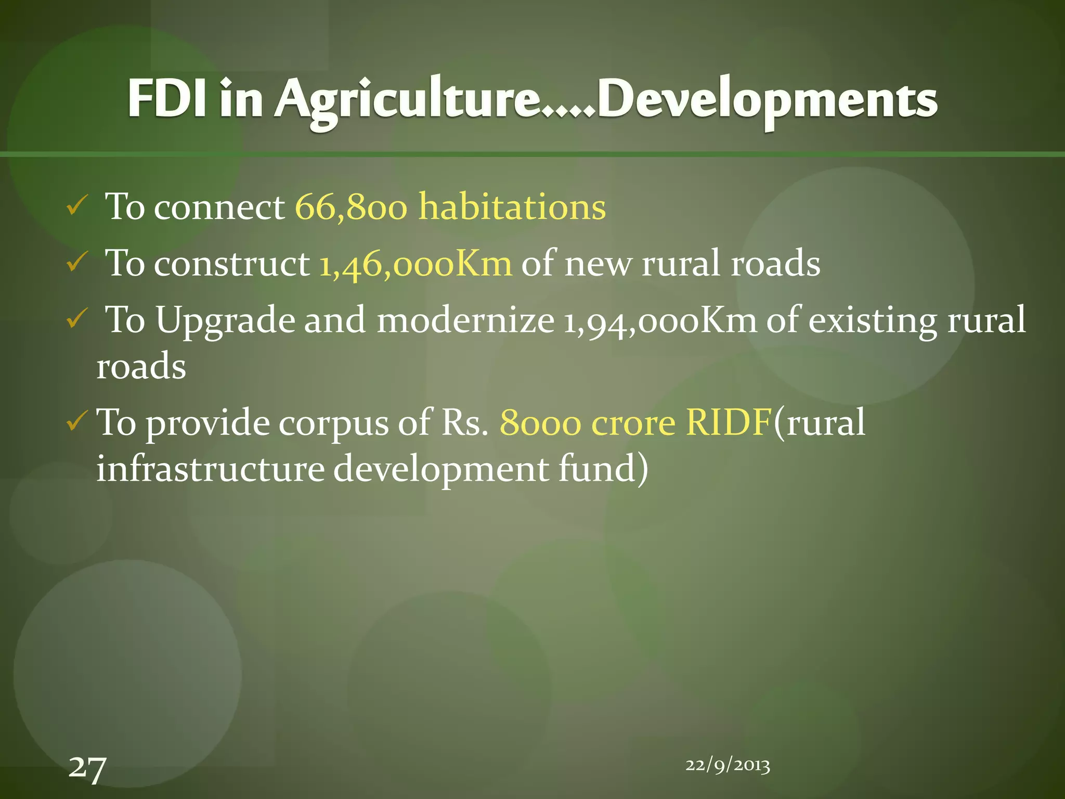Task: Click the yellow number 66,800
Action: (351, 207)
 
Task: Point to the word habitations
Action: (512, 207)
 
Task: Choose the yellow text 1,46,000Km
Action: (415, 263)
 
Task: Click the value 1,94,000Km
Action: (660, 320)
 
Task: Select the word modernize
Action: (465, 320)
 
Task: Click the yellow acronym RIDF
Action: (728, 422)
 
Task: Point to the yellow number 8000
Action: (540, 423)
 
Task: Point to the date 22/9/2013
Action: (728, 765)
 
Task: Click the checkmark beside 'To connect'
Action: (76, 208)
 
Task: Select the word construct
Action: (232, 264)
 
